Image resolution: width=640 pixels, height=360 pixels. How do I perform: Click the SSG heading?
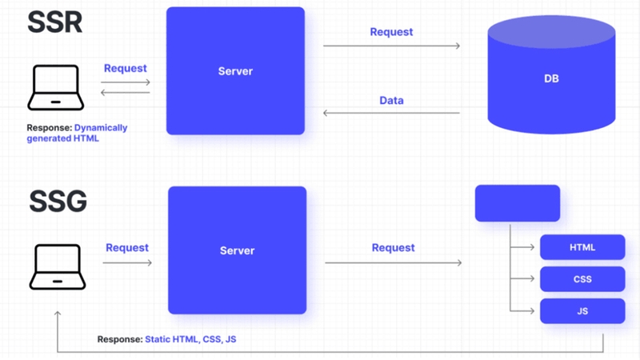(x=58, y=202)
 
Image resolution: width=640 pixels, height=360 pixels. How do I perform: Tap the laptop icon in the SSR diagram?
(x=54, y=89)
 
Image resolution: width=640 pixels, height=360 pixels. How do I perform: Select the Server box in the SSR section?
(x=235, y=71)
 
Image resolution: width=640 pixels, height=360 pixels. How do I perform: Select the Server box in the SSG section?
(x=237, y=250)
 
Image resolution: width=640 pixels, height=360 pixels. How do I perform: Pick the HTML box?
(x=582, y=247)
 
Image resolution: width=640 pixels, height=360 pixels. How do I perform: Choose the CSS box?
(x=582, y=279)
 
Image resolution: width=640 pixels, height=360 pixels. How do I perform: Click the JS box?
(x=582, y=311)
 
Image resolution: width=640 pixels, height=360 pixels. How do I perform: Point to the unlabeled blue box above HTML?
(x=518, y=203)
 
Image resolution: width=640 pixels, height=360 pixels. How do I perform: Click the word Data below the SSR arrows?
(x=391, y=101)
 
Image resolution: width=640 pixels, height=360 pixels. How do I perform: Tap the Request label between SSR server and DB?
(x=391, y=32)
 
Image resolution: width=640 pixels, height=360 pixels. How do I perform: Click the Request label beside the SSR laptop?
(x=126, y=68)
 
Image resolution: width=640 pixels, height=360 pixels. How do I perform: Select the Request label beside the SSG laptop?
(x=127, y=248)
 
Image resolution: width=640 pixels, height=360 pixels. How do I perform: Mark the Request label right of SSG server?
(x=393, y=248)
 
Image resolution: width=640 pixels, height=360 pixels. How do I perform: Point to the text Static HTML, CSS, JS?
(x=190, y=339)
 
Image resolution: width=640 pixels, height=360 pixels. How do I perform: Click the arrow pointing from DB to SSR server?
(x=391, y=114)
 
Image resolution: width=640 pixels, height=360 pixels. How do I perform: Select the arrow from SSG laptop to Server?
(x=127, y=262)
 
